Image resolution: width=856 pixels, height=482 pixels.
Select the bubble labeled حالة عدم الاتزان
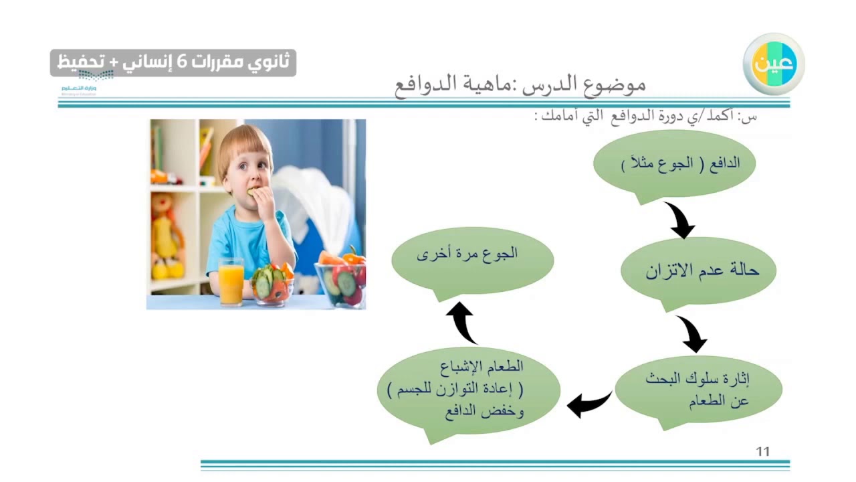[698, 270]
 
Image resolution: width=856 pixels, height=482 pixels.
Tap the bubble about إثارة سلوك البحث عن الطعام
[698, 389]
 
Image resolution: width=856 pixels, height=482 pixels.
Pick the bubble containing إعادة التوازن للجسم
[469, 390]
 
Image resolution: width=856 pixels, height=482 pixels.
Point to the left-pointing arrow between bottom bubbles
[588, 404]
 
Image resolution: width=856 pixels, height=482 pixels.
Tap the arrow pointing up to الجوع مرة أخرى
[462, 321]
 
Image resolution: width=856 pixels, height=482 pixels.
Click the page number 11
[763, 452]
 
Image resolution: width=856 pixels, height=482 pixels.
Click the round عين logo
[773, 64]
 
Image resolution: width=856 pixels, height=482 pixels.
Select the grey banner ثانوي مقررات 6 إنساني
[173, 62]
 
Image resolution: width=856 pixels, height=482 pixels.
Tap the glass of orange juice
[231, 280]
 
